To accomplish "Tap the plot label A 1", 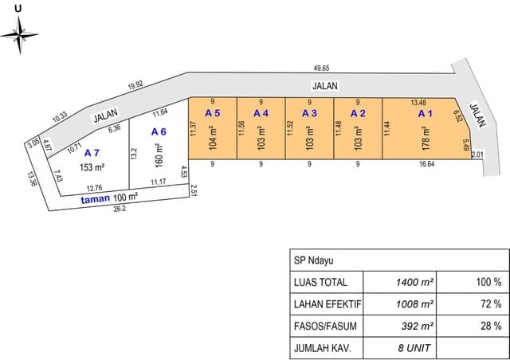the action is point(426,114).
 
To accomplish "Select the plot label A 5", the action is point(213,113).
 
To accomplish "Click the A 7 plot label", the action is point(92,153).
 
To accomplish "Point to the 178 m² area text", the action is point(426,139).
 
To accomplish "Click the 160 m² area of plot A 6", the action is point(159,155).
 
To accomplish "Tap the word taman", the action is point(96,199).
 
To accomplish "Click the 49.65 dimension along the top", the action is point(321,68).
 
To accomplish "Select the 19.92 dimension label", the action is point(135,85).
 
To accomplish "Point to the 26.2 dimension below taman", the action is point(120,209).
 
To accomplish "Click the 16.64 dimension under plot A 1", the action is point(427,164).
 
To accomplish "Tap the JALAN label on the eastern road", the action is point(477,115).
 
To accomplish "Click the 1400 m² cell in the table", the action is point(414,282).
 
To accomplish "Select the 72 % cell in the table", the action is point(491,304).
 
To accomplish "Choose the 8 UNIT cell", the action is point(414,348).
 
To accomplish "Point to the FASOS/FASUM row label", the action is point(325,327).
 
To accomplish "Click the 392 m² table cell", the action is point(418,326).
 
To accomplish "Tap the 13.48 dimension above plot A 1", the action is point(418,103).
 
